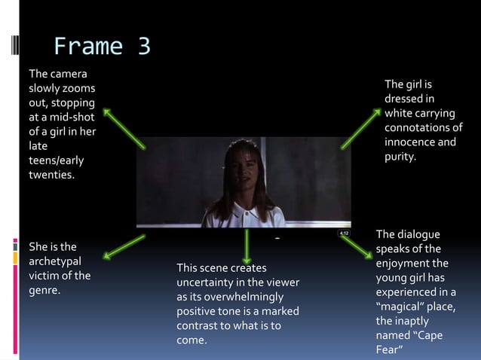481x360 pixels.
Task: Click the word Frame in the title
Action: pyautogui.click(x=90, y=47)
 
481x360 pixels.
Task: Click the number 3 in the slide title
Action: pyautogui.click(x=144, y=47)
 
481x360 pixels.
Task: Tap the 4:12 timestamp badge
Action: pyautogui.click(x=343, y=233)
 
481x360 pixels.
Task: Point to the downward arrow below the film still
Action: pyautogui.click(x=247, y=246)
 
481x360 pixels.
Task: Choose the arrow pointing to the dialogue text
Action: pyautogui.click(x=356, y=249)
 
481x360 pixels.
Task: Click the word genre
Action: pyautogui.click(x=44, y=290)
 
